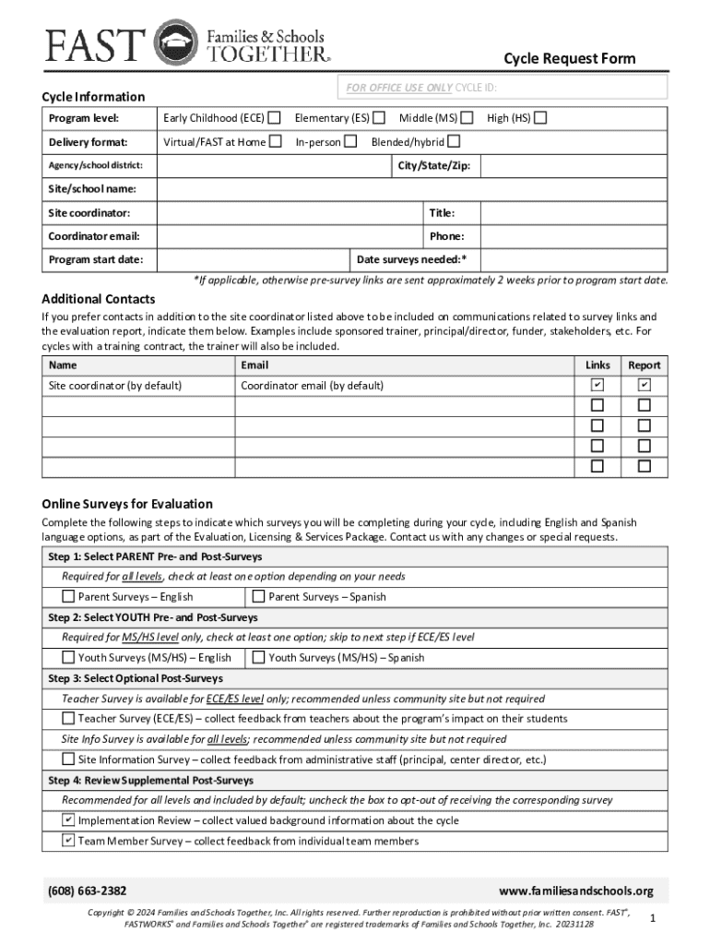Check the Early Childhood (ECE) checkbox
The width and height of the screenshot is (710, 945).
pyautogui.click(x=275, y=118)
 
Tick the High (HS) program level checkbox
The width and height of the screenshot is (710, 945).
pyautogui.click(x=540, y=118)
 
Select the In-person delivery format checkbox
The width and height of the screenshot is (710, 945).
pyautogui.click(x=350, y=142)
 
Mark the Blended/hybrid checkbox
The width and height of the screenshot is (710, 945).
pyautogui.click(x=454, y=142)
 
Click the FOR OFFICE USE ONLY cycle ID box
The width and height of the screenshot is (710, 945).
pyautogui.click(x=502, y=88)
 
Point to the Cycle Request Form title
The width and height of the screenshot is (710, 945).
pyautogui.click(x=569, y=59)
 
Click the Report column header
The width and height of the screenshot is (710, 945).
pyautogui.click(x=645, y=365)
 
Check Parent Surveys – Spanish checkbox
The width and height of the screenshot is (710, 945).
pyautogui.click(x=259, y=597)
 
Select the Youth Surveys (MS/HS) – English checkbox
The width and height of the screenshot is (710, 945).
pyautogui.click(x=68, y=658)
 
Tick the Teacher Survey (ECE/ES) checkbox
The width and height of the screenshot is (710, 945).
pyautogui.click(x=68, y=718)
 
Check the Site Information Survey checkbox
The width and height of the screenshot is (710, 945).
pyautogui.click(x=68, y=760)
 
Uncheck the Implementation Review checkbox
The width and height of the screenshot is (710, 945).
pyautogui.click(x=68, y=820)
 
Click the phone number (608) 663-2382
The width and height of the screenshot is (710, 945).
pyautogui.click(x=88, y=891)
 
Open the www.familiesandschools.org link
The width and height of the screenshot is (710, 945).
pyautogui.click(x=575, y=891)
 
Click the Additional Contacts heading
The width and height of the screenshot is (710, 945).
pyautogui.click(x=99, y=299)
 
